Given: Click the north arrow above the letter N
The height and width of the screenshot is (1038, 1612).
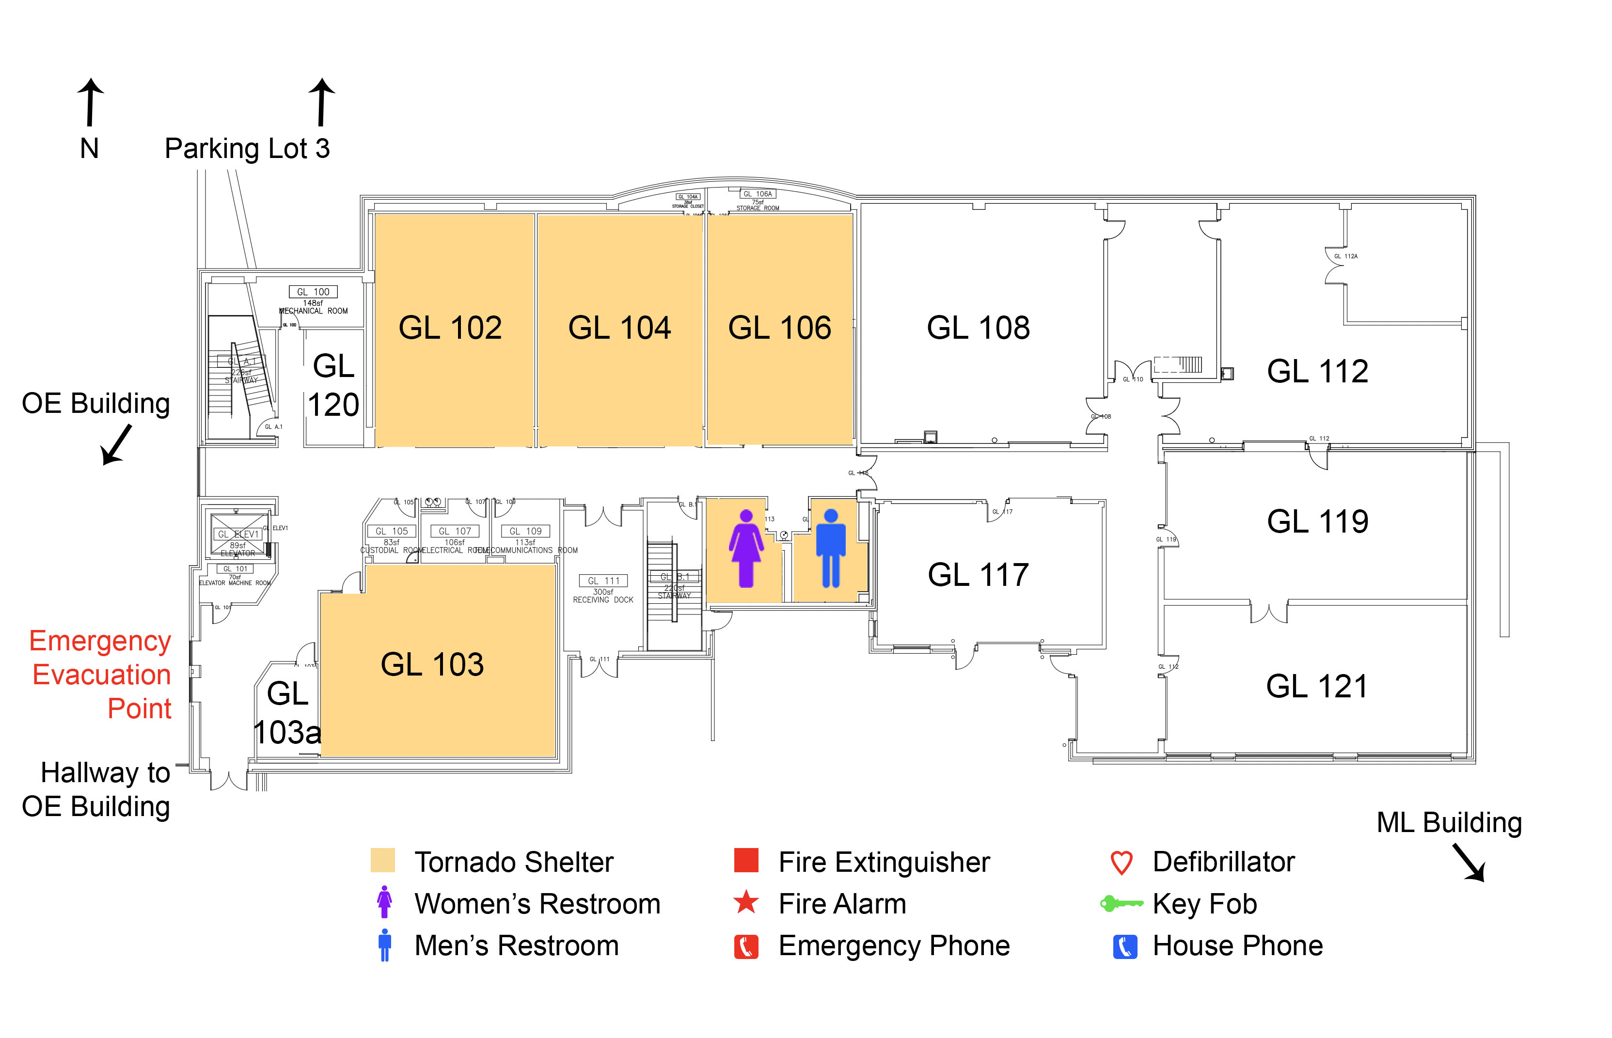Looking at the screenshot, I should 90,102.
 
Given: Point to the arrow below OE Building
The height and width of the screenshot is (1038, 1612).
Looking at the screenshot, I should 116,444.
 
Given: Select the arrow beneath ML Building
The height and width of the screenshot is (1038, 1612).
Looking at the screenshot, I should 1469,863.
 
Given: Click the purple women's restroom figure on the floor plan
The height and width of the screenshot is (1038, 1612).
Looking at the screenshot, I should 746,548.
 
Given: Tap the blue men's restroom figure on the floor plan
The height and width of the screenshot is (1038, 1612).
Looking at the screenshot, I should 831,548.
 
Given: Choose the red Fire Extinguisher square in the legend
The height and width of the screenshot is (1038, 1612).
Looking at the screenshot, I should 746,860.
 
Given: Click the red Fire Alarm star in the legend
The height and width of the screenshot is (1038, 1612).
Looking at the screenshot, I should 746,902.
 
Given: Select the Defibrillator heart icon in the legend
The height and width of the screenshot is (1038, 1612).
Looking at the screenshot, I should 1122,862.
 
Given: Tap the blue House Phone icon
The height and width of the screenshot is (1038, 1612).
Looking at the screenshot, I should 1125,946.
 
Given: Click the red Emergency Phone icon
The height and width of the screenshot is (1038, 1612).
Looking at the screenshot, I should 746,946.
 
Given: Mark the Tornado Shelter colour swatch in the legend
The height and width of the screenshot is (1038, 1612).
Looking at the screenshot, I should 383,861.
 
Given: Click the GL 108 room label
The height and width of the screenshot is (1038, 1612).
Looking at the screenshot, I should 978,328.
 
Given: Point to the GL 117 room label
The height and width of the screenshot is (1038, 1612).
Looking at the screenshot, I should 978,575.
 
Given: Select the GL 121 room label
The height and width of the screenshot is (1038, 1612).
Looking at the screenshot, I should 1317,687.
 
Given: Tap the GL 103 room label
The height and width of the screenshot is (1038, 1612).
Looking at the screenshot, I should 432,664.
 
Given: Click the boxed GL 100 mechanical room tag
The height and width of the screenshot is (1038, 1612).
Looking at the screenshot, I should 314,292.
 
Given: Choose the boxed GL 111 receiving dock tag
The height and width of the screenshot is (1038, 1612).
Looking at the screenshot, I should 603,581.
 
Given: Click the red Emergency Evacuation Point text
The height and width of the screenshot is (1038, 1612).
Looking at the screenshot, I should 101,675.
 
